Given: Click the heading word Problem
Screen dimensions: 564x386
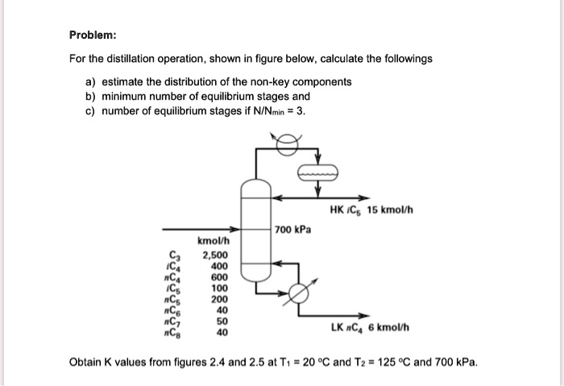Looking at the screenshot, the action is point(93,35).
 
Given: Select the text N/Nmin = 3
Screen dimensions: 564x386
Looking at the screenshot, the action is point(277,110).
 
